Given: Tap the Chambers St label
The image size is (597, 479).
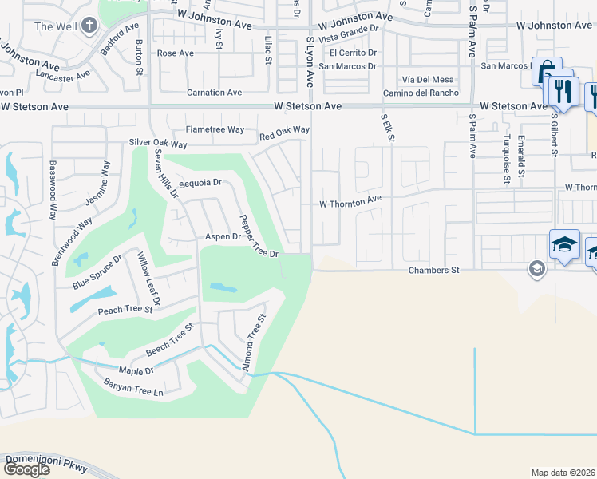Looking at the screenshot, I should coord(434,271).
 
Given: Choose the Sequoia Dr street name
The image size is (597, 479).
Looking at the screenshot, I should coord(200,183).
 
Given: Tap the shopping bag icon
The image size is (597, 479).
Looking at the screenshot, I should coord(547,72).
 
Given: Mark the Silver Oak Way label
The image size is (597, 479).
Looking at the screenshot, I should coord(158,144).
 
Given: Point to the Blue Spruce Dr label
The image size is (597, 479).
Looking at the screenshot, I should coord(97,272).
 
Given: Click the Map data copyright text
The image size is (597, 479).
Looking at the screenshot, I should coord(563,473).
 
